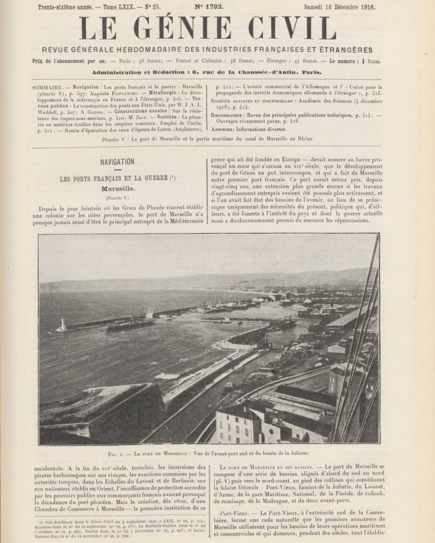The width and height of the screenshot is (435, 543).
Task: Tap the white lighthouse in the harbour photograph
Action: (64, 325)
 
